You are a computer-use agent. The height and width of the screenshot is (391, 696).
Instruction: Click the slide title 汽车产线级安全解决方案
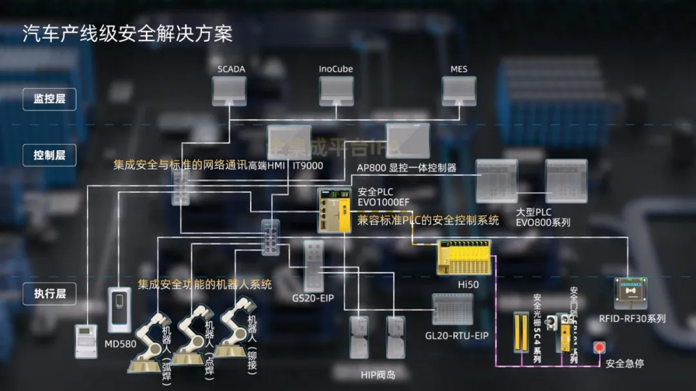[128, 33]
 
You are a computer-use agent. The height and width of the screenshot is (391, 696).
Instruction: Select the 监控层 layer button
[50, 99]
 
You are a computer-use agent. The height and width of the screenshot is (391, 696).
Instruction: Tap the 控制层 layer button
[50, 155]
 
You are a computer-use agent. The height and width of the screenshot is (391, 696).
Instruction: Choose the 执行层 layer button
[50, 294]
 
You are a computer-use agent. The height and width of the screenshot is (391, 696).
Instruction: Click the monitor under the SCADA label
[229, 90]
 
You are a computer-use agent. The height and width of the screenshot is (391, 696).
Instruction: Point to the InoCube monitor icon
[336, 90]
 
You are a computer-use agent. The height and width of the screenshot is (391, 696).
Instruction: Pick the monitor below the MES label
[459, 90]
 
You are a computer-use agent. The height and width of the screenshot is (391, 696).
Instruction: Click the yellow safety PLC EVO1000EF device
[334, 210]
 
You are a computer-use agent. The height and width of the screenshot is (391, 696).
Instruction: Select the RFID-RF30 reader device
[630, 293]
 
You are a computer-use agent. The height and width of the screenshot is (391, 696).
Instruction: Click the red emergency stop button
[599, 347]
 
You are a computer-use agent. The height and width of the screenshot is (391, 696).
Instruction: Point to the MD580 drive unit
[119, 309]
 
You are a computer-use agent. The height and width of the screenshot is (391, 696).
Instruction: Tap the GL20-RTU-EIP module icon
[452, 310]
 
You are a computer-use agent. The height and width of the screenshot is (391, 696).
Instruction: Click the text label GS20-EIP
[313, 299]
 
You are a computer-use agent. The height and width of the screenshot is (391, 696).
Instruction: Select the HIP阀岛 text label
[377, 375]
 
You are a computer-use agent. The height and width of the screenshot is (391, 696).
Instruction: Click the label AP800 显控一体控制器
[407, 167]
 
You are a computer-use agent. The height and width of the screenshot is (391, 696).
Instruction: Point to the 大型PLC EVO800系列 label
[543, 217]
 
